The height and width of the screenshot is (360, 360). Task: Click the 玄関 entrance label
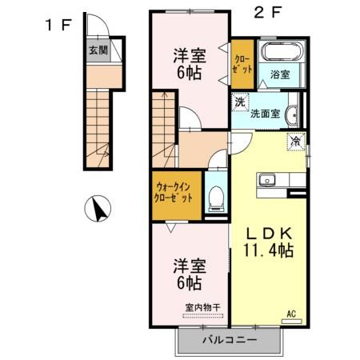pos(96,49)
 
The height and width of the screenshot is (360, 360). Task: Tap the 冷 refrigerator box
pos(296,142)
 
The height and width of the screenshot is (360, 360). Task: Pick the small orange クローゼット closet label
pos(242,62)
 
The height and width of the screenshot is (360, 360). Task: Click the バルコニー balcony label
pos(229,340)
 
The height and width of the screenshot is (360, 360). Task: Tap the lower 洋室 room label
pos(188,274)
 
